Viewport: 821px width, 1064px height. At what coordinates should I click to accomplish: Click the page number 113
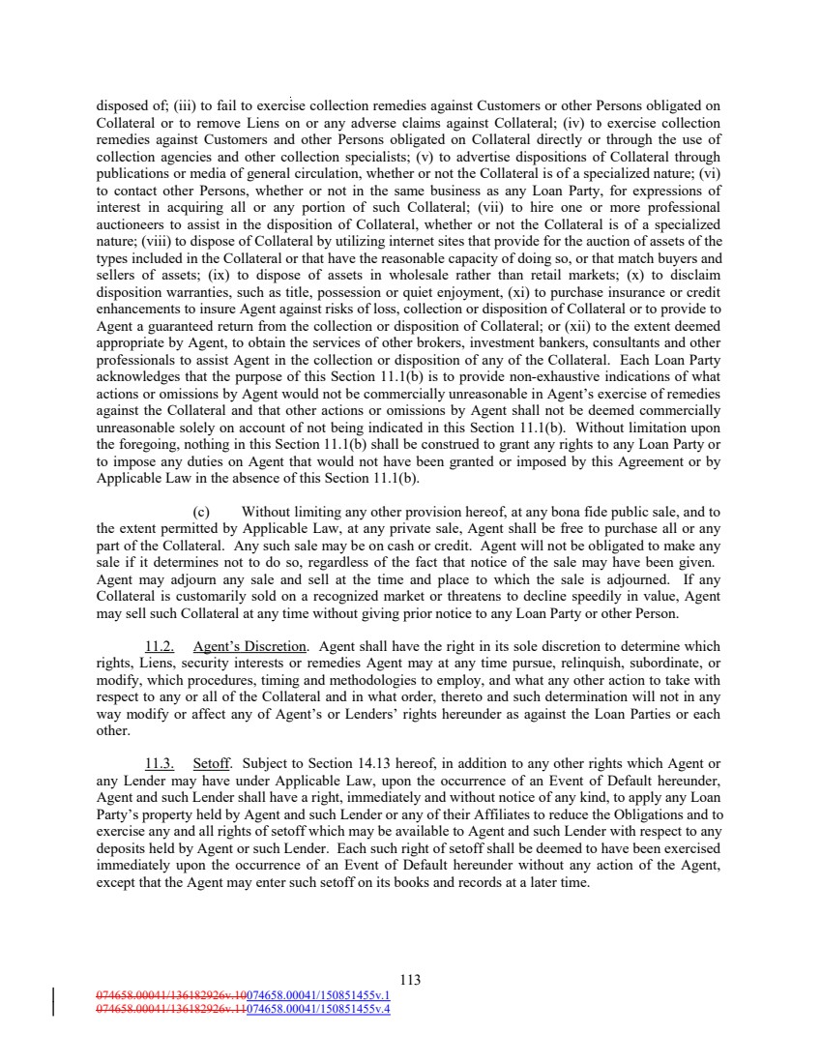[410, 980]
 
